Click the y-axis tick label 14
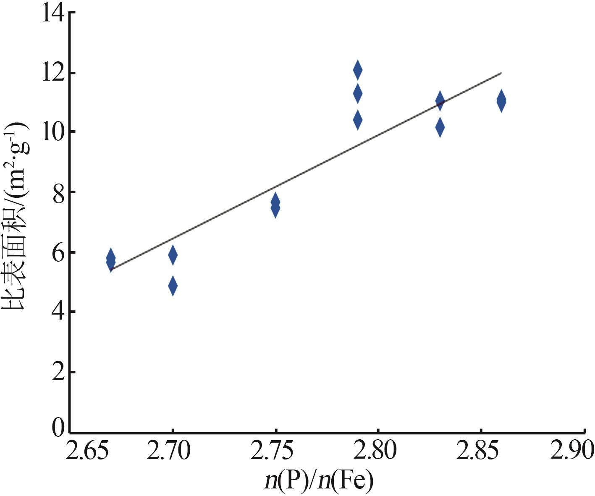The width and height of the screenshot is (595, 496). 53,13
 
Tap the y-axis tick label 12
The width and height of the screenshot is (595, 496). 53,73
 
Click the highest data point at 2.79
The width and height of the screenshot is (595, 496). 357,70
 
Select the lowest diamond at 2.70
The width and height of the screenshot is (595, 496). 173,286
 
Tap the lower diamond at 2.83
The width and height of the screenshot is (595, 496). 440,127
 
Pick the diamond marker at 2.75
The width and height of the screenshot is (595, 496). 275,205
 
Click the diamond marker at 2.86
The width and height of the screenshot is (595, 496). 501,101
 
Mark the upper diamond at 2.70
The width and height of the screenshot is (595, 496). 173,255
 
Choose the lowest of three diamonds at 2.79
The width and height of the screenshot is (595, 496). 357,120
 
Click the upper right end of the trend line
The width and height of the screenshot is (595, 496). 501,73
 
